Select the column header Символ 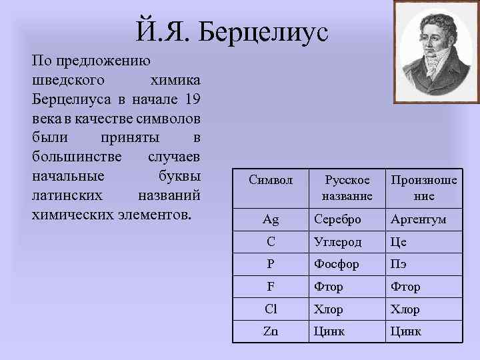tap(270, 180)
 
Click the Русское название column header tap(347, 188)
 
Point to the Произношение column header tap(424, 188)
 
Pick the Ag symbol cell tap(270, 219)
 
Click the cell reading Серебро tap(338, 219)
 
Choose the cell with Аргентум tap(419, 219)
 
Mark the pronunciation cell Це tap(399, 242)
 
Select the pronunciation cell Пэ tap(399, 264)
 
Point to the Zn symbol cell tap(270, 331)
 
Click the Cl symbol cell tap(270, 309)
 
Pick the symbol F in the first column tap(270, 287)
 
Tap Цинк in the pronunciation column tap(405, 331)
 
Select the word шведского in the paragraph tap(65, 80)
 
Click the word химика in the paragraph tap(175, 80)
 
